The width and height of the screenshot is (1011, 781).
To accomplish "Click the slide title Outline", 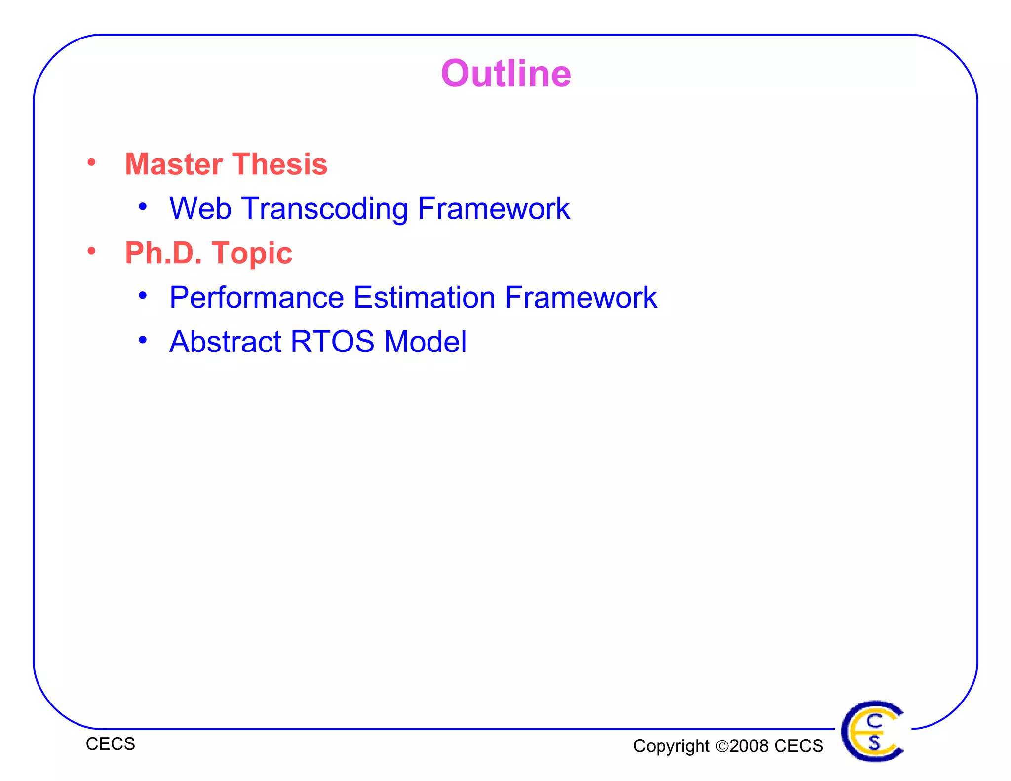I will [505, 74].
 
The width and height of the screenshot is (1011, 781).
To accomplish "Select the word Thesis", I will [280, 164].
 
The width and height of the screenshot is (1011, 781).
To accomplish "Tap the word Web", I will [200, 208].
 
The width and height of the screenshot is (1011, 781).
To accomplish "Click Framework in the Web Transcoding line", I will [494, 208].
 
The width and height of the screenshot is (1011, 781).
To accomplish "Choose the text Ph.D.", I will [163, 253].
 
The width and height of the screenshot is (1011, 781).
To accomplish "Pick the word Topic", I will [252, 254].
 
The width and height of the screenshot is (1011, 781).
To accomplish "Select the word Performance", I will [257, 298].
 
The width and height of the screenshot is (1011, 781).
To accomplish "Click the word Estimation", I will [425, 298].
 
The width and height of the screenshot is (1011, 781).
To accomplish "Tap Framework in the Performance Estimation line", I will [581, 298].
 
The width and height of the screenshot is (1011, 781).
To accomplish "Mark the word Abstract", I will [225, 342].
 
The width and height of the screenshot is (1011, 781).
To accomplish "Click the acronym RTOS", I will [332, 342].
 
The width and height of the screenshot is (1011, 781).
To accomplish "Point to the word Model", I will [425, 342].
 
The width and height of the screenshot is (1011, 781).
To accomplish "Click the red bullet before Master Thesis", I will [91, 162].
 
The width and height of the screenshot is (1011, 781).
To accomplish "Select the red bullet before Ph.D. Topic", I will [91, 251].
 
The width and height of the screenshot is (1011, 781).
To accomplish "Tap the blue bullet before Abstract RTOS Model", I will [143, 340].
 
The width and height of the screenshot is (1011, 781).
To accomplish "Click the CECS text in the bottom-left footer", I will [110, 744].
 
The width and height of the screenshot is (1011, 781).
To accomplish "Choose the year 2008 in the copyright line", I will [749, 746].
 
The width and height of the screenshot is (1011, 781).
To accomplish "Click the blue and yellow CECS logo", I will [873, 731].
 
